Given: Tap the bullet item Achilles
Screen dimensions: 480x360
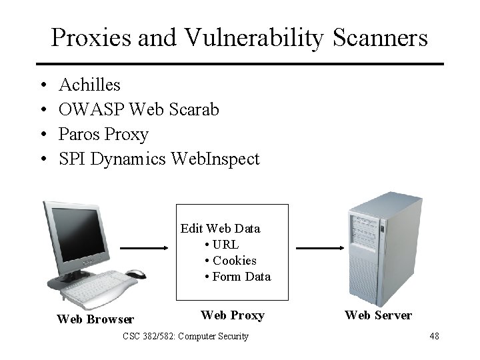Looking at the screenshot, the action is click(x=89, y=85).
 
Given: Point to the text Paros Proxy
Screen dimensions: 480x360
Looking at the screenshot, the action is click(x=103, y=135).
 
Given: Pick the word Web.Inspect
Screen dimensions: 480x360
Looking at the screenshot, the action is click(x=215, y=159).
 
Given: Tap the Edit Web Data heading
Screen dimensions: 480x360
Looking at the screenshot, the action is click(x=220, y=229).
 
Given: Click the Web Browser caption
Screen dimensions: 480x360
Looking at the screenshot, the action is click(x=95, y=319).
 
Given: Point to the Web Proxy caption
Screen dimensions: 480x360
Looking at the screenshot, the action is click(x=232, y=315).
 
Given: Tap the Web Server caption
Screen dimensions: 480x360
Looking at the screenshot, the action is click(x=378, y=315).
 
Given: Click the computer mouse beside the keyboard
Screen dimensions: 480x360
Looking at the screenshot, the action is click(x=135, y=274).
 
